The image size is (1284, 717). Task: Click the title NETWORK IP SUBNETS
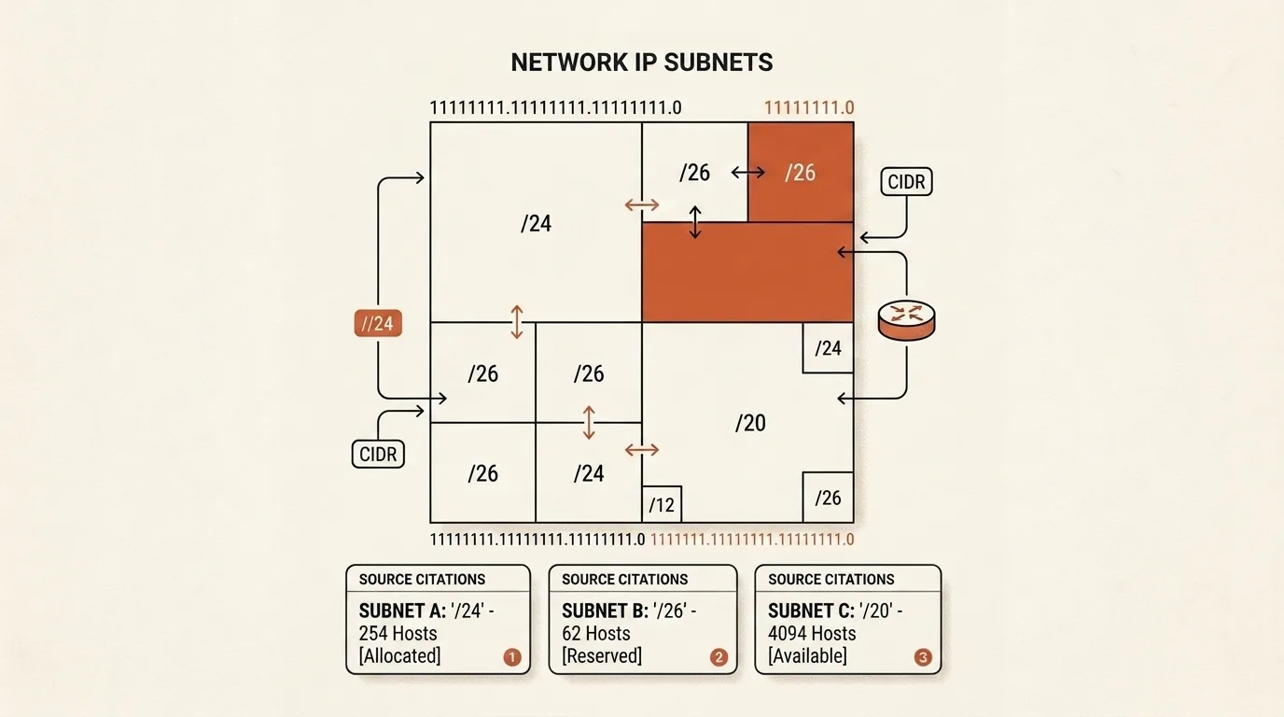click(x=641, y=63)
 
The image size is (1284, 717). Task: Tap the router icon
click(x=906, y=320)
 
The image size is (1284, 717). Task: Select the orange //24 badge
click(x=378, y=324)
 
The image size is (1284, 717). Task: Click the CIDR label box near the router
click(x=906, y=182)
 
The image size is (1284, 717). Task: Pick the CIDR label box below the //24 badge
click(x=378, y=455)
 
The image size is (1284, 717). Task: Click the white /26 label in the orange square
click(x=801, y=173)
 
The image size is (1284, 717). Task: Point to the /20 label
click(x=750, y=423)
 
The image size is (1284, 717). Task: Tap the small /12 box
click(x=662, y=504)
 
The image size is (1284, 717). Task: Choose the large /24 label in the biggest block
click(x=536, y=224)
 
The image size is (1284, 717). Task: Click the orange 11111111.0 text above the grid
click(x=809, y=108)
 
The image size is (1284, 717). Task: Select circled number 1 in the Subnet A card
click(x=512, y=656)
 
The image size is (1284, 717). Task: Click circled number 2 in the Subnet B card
click(x=719, y=656)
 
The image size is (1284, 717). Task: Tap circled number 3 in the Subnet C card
click(x=923, y=656)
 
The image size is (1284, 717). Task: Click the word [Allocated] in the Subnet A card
click(x=399, y=655)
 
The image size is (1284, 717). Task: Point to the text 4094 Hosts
click(x=812, y=633)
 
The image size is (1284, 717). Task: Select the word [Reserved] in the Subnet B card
click(x=602, y=655)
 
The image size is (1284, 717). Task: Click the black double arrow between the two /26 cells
click(x=748, y=172)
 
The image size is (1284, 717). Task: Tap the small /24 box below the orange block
click(x=828, y=348)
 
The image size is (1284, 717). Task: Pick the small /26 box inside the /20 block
click(x=828, y=498)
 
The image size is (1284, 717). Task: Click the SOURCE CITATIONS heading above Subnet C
click(x=831, y=580)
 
